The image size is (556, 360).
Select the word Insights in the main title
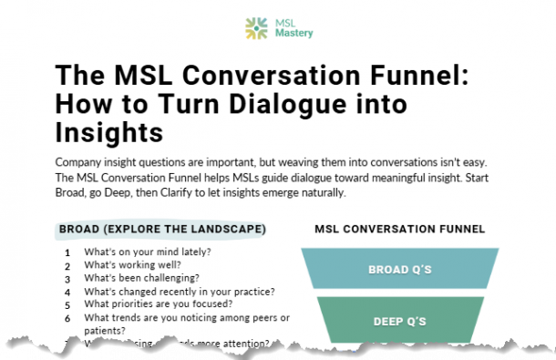click(x=110, y=133)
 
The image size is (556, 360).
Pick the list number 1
click(x=67, y=253)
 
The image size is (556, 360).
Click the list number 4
click(x=67, y=293)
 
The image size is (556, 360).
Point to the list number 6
click(x=67, y=318)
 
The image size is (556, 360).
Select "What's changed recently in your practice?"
click(x=180, y=292)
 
